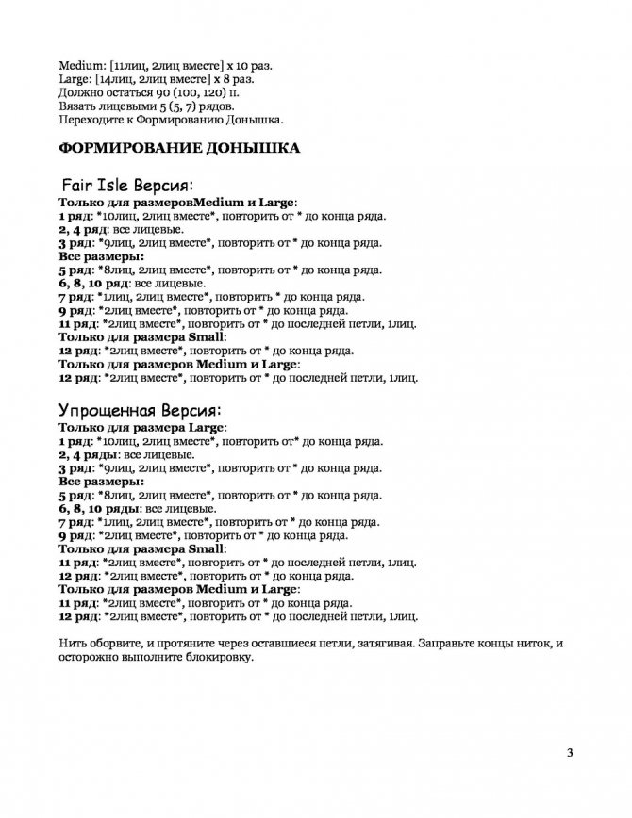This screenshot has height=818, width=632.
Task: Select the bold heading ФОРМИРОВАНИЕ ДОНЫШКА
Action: [x=180, y=149]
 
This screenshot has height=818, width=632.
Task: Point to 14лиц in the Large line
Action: [x=120, y=80]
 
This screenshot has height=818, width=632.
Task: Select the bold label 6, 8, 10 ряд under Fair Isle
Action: [x=93, y=282]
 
